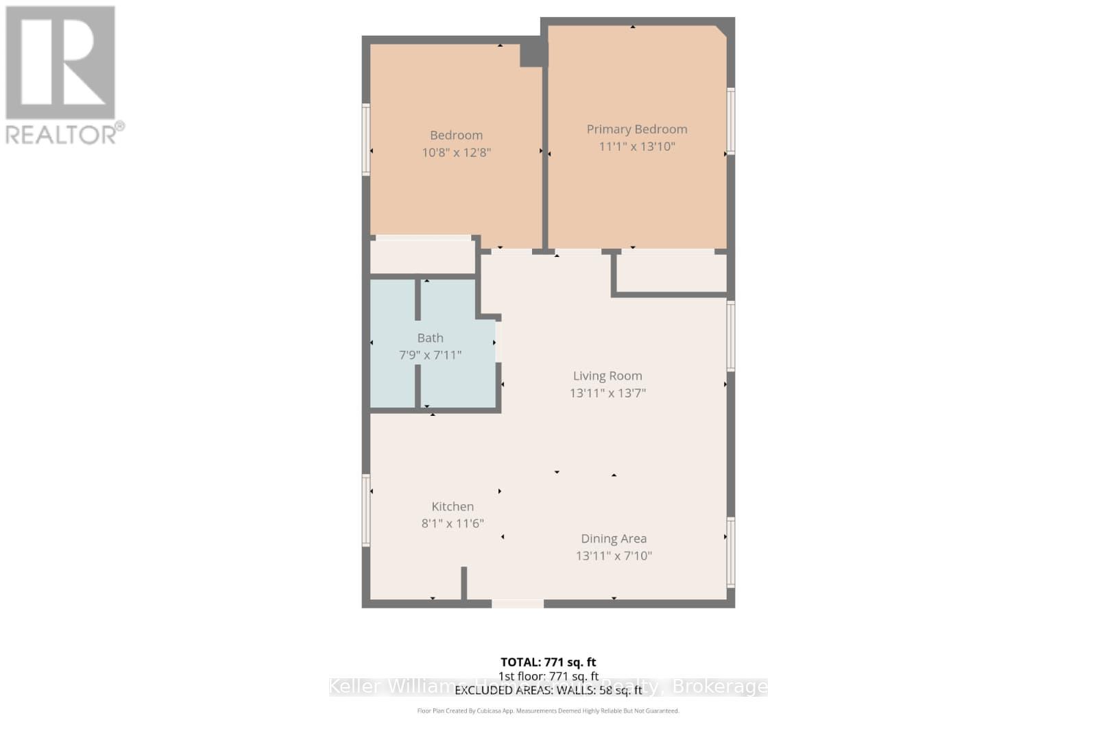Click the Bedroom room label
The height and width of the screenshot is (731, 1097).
pos(456,135)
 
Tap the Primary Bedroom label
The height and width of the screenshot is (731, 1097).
pos(636,129)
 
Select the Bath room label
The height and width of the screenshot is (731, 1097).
pos(430,338)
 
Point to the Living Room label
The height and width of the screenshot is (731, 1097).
pos(607,375)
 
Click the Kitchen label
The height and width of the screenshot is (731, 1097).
pos(452,506)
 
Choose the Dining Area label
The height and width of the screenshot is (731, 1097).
pos(614,538)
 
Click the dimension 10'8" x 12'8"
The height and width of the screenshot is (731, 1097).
pos(456,152)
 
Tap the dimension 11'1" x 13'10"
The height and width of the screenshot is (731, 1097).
pos(636,146)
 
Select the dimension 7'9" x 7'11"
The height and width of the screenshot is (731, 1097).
pos(430,355)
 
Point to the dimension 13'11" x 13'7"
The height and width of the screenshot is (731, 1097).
pos(607,393)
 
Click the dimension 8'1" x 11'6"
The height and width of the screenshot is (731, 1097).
pos(452,523)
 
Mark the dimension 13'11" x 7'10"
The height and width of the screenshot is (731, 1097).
pos(614,556)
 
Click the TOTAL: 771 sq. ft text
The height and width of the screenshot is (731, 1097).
pos(548,662)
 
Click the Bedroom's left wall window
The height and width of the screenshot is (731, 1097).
pos(366,139)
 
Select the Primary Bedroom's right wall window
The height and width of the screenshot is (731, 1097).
pos(731,121)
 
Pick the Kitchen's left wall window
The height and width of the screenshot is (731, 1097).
pos(366,510)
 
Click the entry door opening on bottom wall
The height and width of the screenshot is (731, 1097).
pos(518,604)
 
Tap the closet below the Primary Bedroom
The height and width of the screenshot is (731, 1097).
pos(672,273)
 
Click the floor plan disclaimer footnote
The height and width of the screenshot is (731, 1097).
pos(548,710)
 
